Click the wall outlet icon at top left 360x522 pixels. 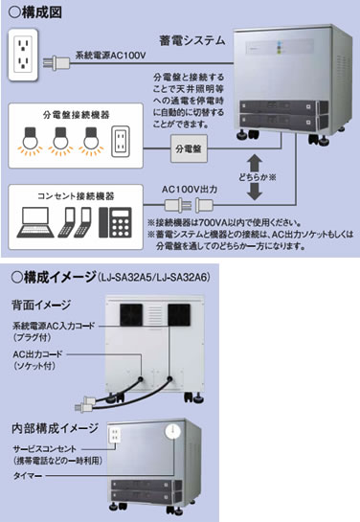click(23, 55)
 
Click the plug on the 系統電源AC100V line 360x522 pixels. click(56, 62)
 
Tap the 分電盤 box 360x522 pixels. click(189, 148)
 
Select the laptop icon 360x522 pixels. click(35, 222)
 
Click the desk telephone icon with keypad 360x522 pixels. click(115, 222)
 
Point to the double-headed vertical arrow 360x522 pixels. click(255, 177)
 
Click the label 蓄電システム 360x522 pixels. click(192, 40)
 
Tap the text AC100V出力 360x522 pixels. click(190, 190)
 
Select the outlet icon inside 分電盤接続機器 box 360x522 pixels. click(120, 141)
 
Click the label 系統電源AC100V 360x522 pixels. click(110, 55)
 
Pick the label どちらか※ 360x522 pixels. click(257, 177)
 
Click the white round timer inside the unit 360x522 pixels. click(172, 432)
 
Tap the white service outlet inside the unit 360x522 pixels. click(115, 435)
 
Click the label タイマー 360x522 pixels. click(27, 476)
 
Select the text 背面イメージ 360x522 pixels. click(41, 305)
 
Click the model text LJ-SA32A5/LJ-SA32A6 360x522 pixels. click(154, 278)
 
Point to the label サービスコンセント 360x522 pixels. click(45, 449)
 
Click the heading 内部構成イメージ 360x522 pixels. click(55, 428)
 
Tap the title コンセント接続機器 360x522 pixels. click(76, 195)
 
